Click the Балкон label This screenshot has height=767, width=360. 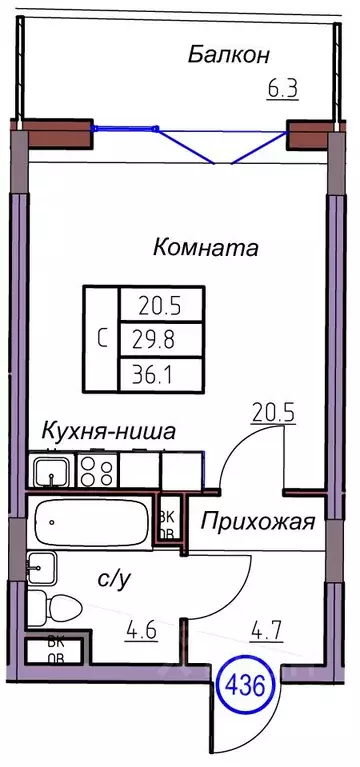tap(231, 54)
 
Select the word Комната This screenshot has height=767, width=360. tap(206, 247)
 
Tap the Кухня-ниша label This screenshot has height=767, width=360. tap(109, 432)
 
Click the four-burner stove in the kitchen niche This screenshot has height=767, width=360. tap(97, 467)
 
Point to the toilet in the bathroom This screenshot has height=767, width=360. tap(56, 606)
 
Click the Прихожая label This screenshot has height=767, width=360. tap(259, 522)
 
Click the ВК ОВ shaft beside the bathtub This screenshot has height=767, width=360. tap(169, 523)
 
